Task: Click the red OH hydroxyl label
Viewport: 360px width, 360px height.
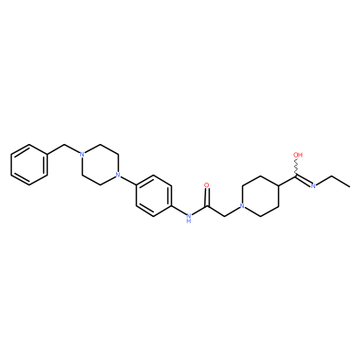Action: [298, 155]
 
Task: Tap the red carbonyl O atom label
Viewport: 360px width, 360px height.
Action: [206, 185]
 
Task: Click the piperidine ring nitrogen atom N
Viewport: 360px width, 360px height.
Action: [242, 206]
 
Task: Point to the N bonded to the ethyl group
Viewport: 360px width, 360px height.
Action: [313, 186]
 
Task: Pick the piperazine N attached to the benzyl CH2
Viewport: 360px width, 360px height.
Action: [81, 155]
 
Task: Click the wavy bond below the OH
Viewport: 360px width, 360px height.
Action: [297, 167]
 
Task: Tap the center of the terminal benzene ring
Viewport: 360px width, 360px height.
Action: [29, 166]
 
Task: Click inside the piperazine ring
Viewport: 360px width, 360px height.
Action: [100, 165]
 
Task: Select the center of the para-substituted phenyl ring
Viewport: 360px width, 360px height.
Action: [154, 195]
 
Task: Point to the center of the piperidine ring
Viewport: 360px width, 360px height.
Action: [261, 196]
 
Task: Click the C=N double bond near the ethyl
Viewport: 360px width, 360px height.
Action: [304, 181]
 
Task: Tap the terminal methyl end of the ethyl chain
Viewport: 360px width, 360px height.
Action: [349, 186]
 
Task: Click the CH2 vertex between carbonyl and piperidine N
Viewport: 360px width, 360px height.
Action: [224, 216]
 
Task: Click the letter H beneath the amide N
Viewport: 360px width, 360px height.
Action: [188, 221]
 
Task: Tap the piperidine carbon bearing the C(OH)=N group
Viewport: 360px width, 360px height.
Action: [279, 185]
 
